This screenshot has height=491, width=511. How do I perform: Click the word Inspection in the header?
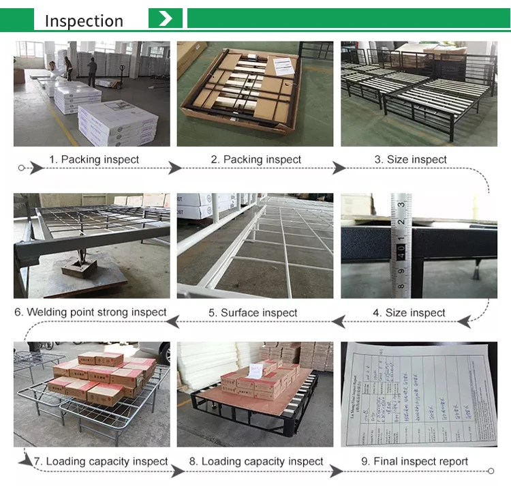(84, 20)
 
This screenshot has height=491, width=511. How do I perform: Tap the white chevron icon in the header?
(166, 18)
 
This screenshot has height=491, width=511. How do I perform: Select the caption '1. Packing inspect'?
(93, 160)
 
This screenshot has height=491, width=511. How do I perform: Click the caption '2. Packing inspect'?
(255, 160)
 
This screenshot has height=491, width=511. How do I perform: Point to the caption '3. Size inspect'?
(410, 160)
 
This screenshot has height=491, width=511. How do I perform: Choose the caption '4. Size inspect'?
(409, 313)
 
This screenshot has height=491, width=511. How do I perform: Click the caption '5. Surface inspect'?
(253, 313)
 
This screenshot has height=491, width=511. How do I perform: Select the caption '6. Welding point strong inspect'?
(91, 312)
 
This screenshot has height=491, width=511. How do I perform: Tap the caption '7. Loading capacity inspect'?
(101, 462)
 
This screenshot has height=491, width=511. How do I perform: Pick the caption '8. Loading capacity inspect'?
(256, 462)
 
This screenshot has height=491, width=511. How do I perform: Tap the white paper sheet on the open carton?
(283, 66)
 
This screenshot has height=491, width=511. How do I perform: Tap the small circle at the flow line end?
(490, 471)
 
